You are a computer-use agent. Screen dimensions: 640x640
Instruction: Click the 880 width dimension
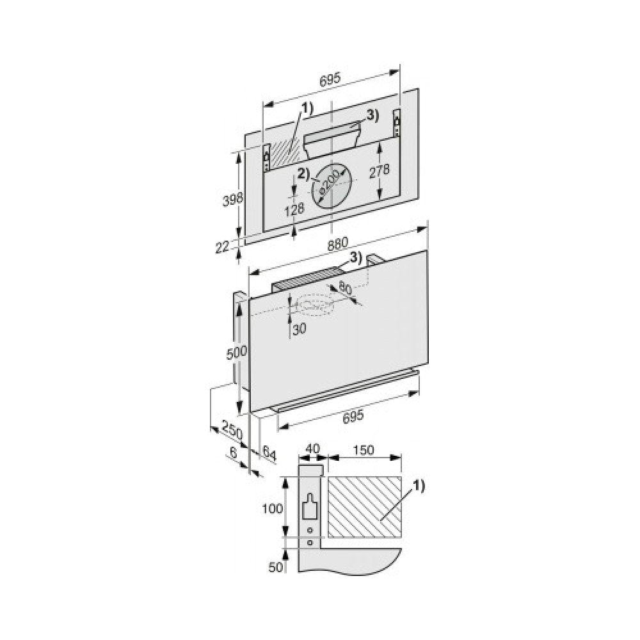tap(337, 244)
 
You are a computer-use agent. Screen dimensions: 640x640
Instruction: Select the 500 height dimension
tap(237, 352)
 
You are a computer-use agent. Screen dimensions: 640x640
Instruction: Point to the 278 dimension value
tap(379, 171)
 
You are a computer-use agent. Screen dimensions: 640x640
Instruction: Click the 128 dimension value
tap(294, 209)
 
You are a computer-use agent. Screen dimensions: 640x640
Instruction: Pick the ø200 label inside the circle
tap(330, 181)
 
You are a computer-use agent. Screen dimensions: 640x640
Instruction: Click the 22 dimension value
tap(223, 247)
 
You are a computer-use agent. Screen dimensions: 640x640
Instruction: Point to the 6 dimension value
tap(234, 452)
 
